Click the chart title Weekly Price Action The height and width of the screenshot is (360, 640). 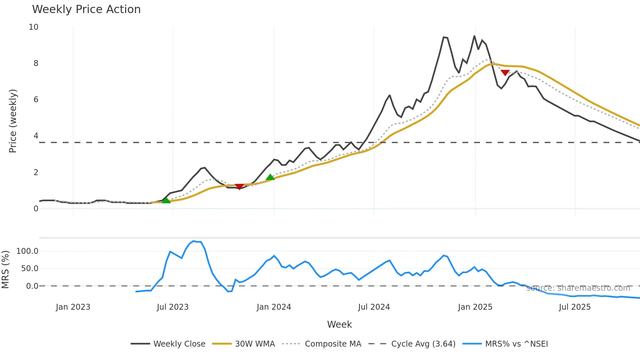[86, 9]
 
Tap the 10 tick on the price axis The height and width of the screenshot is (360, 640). [34, 27]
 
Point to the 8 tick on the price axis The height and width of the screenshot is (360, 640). [36, 63]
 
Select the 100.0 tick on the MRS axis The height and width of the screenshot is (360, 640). [27, 251]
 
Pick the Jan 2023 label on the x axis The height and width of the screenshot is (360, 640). [73, 307]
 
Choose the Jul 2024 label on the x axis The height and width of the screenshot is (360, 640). [374, 307]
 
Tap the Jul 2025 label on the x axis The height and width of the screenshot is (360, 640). [575, 307]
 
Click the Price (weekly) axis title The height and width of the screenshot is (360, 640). [13, 121]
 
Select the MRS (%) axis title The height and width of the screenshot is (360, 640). [5, 270]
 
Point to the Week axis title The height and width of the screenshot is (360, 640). [339, 324]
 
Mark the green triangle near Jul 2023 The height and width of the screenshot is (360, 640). [166, 200]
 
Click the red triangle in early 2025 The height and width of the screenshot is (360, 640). [505, 73]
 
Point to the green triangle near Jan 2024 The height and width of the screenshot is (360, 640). [270, 177]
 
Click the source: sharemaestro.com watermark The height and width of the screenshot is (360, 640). [578, 288]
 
